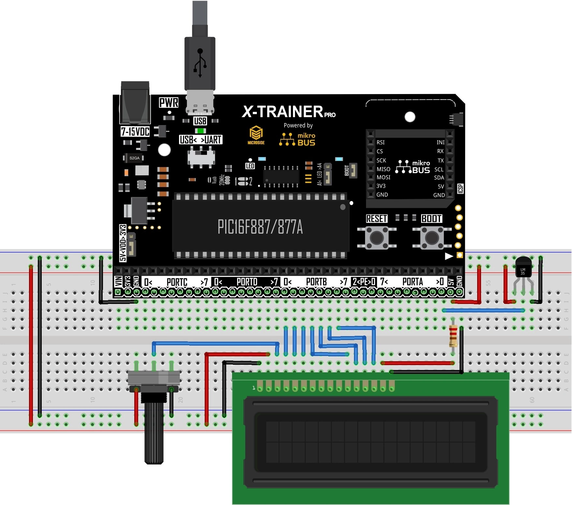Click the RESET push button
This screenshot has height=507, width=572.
[x=377, y=238]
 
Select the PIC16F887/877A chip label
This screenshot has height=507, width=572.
[x=260, y=227]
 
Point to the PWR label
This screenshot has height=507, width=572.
[x=169, y=103]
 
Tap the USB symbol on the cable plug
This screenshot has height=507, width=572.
[x=200, y=63]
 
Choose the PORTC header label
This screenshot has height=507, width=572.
[x=177, y=282]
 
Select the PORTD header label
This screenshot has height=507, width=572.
[x=247, y=282]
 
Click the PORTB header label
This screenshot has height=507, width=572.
[x=316, y=282]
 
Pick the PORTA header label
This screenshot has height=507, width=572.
[x=412, y=282]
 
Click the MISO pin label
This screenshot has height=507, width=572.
[x=383, y=169]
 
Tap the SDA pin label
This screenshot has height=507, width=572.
[x=439, y=178]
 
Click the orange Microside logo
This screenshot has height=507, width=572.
[x=256, y=135]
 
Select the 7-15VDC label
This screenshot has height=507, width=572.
[x=135, y=132]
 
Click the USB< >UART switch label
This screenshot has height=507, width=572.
[x=201, y=140]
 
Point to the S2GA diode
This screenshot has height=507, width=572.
[x=134, y=158]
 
